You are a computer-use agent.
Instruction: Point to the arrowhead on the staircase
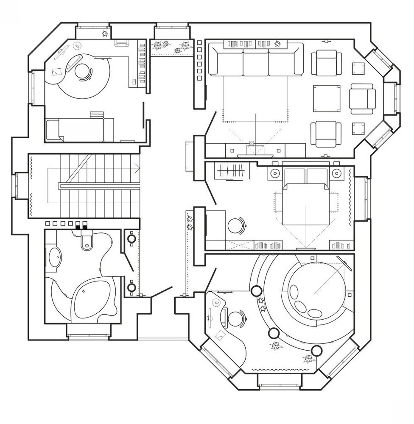tap(137, 167)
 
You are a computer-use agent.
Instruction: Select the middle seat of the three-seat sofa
tap(256, 63)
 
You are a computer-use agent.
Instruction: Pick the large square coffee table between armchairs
tap(327, 98)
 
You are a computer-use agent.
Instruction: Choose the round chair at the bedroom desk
tap(235, 225)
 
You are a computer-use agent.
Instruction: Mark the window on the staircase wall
tap(17, 186)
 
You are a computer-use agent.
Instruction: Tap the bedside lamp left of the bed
tap(274, 173)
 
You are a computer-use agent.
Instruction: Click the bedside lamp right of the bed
tap(337, 173)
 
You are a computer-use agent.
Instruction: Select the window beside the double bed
tap(366, 198)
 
